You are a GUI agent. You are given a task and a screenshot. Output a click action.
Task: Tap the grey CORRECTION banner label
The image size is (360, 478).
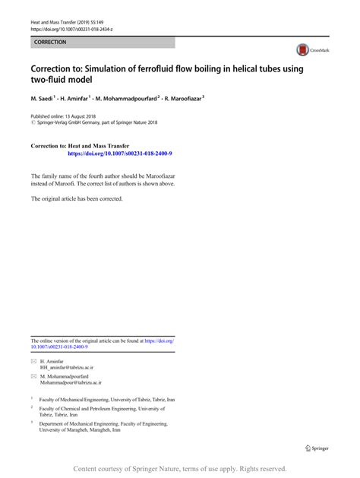pyautogui.click(x=50, y=43)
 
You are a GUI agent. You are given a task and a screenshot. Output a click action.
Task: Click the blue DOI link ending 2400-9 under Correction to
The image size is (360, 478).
pyautogui.click(x=119, y=153)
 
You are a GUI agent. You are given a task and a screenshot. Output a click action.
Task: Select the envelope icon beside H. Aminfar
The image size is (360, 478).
pyautogui.click(x=33, y=361)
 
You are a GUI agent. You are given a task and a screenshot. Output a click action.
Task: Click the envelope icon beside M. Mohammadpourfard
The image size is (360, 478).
pyautogui.click(x=33, y=377)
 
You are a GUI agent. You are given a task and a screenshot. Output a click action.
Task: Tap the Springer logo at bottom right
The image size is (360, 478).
pyautogui.click(x=317, y=448)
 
